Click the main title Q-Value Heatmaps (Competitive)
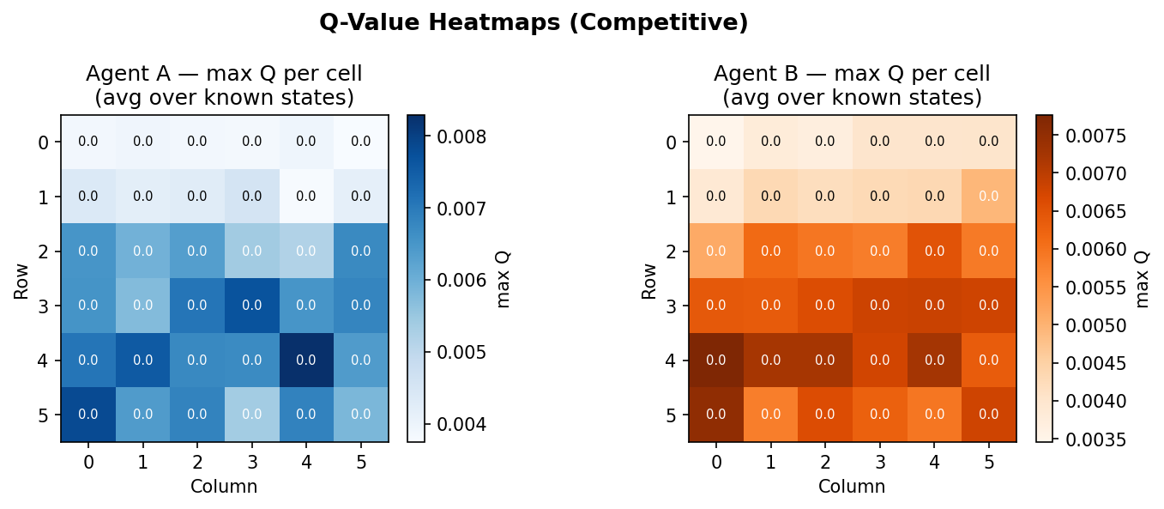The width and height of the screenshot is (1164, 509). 534,23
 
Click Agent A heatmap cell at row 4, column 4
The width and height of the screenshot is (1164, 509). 306,361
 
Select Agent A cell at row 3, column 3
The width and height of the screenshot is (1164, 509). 251,306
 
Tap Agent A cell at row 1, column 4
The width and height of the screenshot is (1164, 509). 306,197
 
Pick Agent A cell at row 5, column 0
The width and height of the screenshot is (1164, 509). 88,415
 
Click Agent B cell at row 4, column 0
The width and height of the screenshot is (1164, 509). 716,361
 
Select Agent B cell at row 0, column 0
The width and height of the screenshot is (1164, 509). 716,142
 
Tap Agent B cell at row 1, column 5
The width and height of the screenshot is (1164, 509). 989,197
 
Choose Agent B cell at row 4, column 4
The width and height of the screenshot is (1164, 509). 934,361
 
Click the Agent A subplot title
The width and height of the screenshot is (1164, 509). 224,86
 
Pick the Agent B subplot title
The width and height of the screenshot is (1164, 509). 852,86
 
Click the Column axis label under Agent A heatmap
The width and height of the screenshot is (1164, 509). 224,487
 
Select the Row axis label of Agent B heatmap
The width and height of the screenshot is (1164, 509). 649,278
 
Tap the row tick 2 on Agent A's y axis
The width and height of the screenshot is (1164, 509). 43,251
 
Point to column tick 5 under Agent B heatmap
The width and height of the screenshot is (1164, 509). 989,463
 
